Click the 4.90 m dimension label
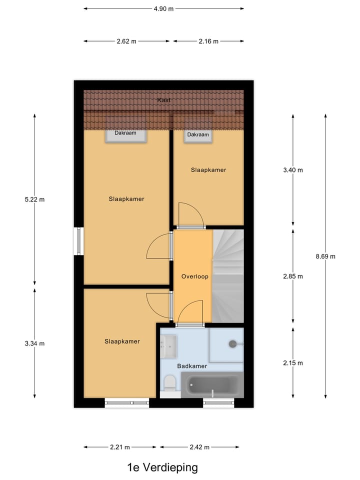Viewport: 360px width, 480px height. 164,8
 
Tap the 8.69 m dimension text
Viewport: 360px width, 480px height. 325,256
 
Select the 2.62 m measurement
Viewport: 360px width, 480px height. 126,41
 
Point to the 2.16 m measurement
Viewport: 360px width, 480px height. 208,41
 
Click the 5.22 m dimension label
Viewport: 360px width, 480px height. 34,199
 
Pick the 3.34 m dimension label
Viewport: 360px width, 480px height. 34,343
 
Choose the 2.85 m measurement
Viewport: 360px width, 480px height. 293,276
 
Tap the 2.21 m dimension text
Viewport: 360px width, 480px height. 120,447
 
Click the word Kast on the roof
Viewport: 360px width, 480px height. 164,100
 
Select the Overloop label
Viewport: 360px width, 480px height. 195,276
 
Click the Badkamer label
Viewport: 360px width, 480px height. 192,366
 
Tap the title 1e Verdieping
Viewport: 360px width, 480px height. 162,468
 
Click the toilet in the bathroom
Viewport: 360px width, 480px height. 170,384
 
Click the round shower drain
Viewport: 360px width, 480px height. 232,344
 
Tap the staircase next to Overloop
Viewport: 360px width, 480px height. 228,276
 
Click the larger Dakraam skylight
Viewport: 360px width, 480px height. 125,135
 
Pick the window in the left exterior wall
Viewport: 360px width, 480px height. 78,241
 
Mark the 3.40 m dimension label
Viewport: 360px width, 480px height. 293,170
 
